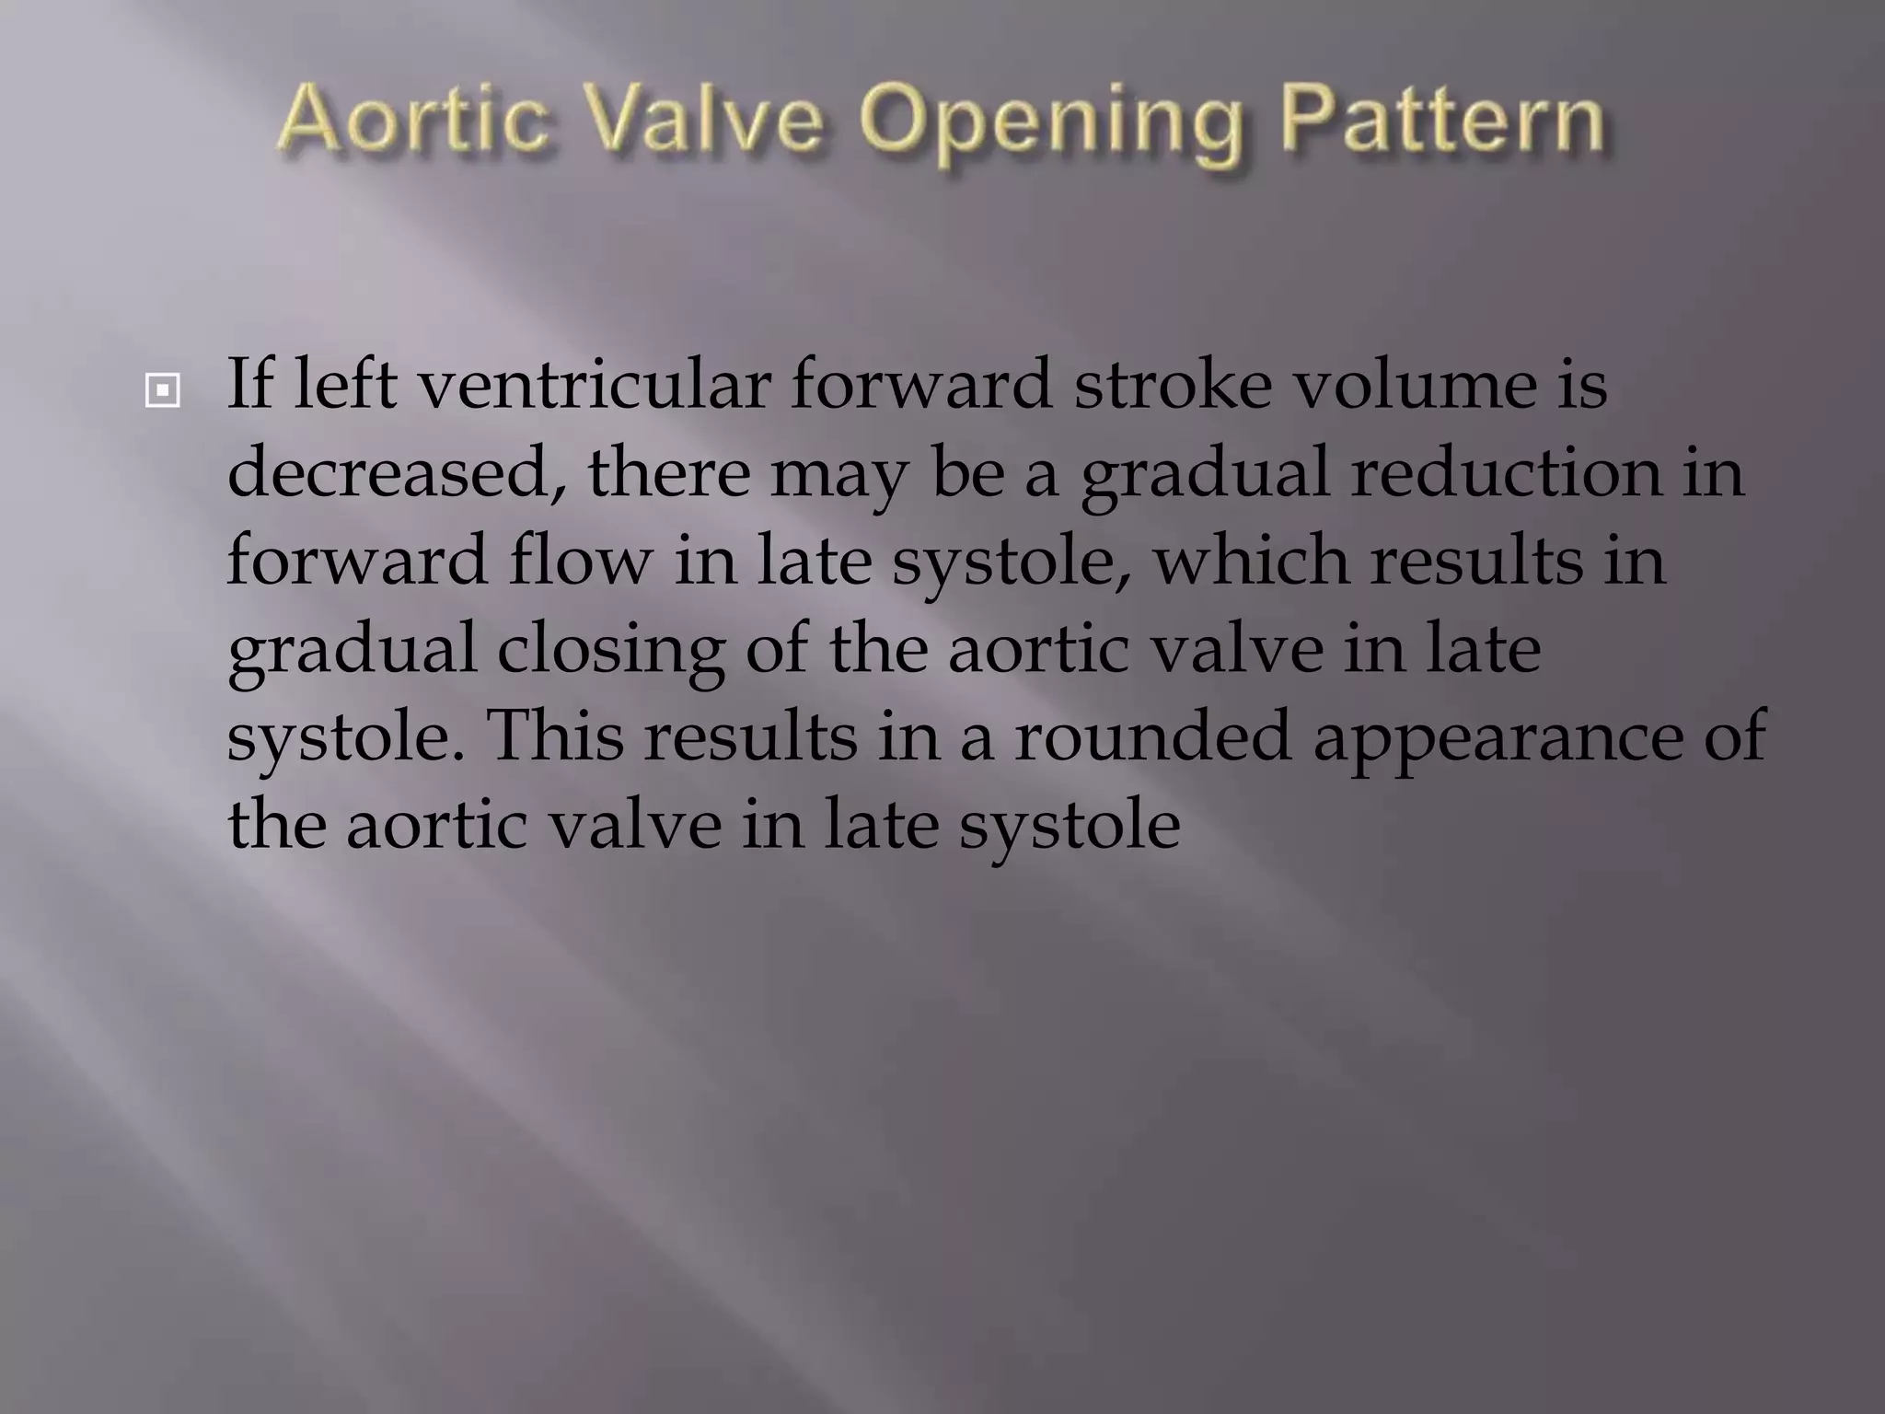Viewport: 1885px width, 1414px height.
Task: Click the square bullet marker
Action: click(x=163, y=391)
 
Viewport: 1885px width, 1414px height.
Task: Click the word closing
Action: click(x=611, y=650)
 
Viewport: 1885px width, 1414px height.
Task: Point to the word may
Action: click(x=838, y=475)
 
